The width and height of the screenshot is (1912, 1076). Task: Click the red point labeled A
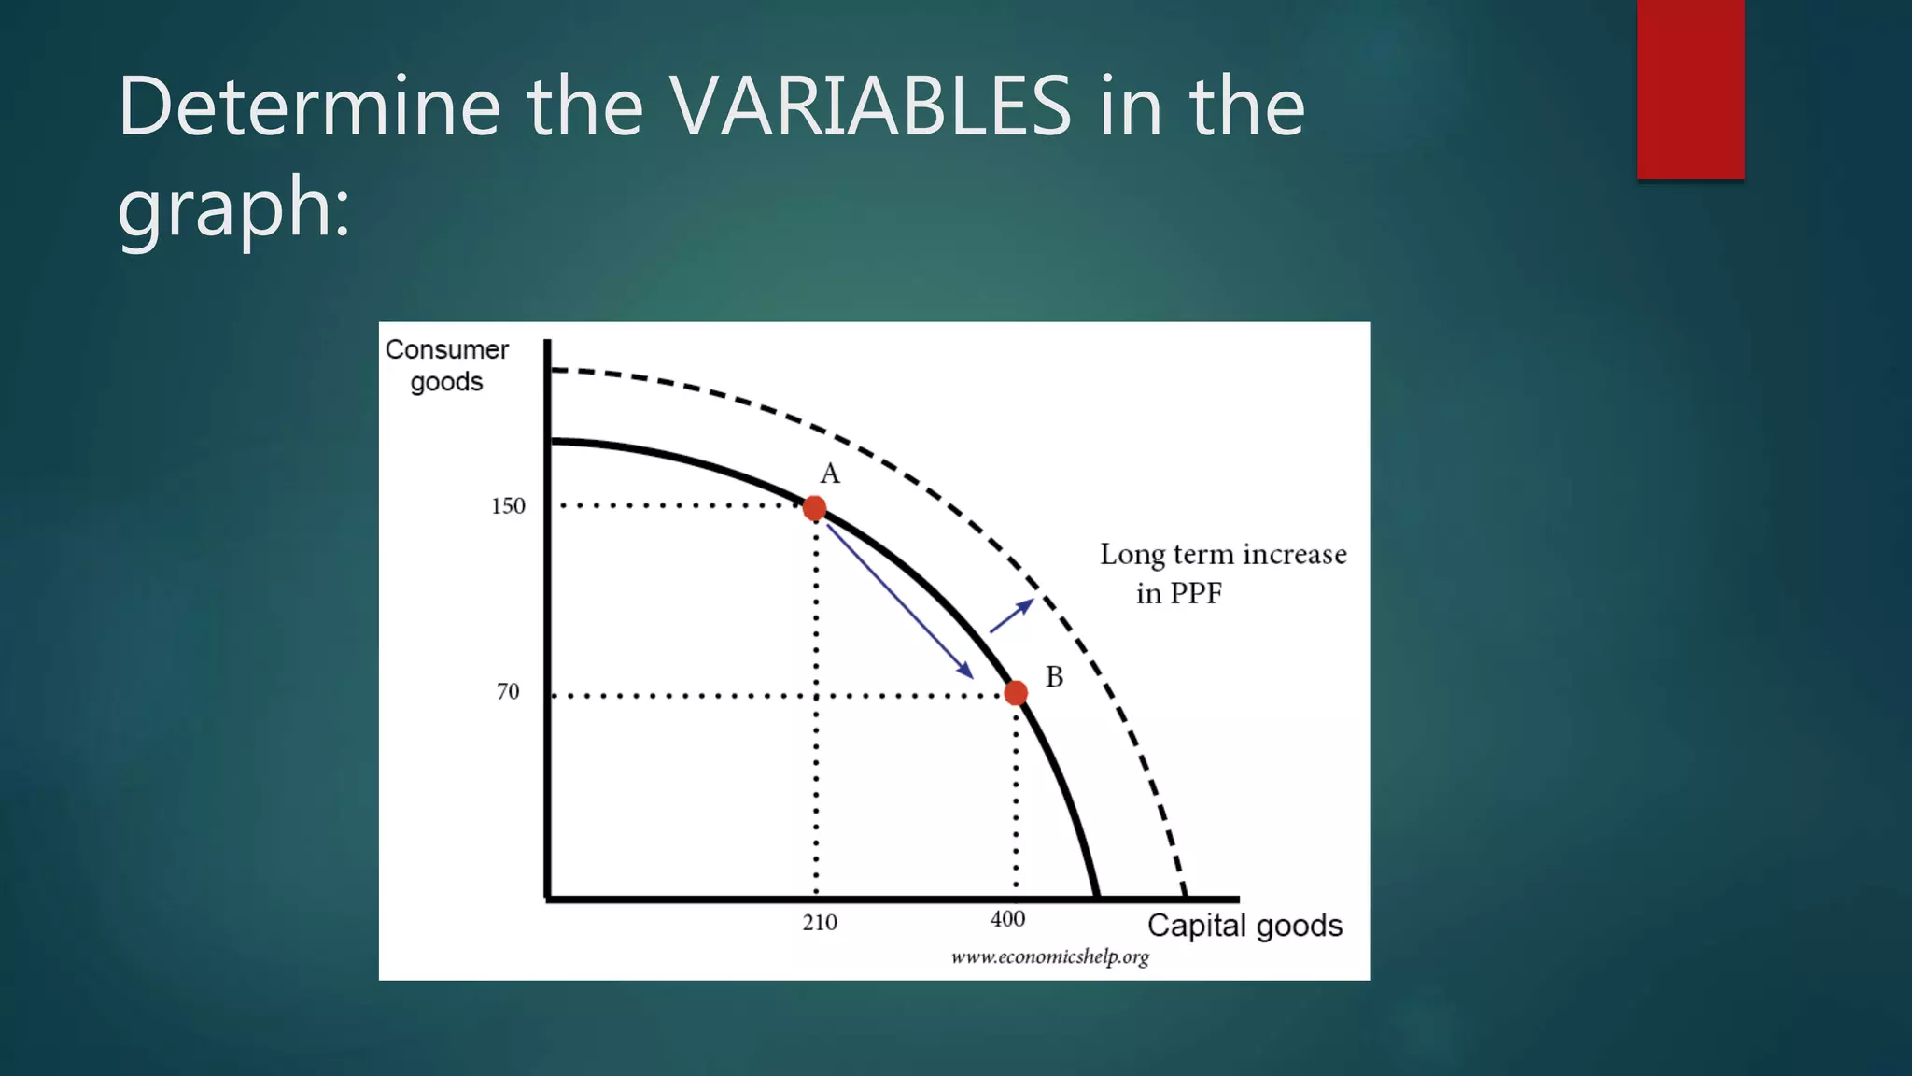(x=814, y=508)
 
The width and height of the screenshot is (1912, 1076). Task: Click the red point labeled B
(x=1016, y=693)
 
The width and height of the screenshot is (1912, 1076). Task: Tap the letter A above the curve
(x=830, y=474)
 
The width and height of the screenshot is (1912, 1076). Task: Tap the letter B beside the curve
(x=1054, y=677)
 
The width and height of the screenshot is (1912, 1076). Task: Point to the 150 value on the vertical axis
(x=508, y=506)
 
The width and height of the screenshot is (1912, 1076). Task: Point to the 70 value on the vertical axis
(x=507, y=692)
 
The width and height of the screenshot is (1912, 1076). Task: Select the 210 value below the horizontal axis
(x=820, y=923)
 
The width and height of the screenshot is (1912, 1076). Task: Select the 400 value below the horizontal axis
(x=1007, y=919)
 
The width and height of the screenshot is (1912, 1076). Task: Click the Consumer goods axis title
(x=446, y=365)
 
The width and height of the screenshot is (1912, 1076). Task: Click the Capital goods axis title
(x=1244, y=926)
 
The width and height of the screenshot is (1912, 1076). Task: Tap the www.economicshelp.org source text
(x=1049, y=957)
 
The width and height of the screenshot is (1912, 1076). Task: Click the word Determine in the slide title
(x=309, y=106)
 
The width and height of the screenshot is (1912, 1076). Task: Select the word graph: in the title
(x=233, y=207)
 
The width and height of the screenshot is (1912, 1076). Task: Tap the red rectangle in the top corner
(x=1690, y=89)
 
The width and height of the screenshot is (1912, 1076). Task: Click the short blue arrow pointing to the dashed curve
(x=1011, y=616)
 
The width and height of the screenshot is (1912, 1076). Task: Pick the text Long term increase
(x=1222, y=555)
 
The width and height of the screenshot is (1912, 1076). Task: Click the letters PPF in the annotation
(x=1196, y=594)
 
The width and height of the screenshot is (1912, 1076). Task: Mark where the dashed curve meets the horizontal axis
(x=1185, y=898)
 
